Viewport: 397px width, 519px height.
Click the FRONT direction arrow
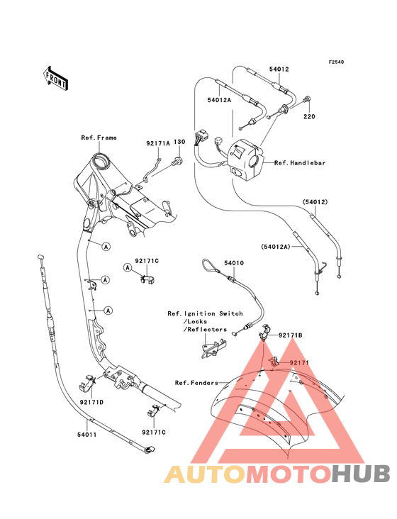click(56, 78)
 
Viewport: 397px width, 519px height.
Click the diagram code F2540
click(336, 62)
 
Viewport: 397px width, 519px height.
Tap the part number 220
click(309, 116)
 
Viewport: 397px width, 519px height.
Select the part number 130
click(179, 142)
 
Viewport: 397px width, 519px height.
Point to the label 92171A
click(158, 143)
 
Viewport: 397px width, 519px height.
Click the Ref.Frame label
click(99, 138)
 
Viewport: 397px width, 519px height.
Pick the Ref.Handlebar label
click(300, 163)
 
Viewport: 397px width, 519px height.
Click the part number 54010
click(234, 263)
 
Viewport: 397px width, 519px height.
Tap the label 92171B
click(290, 335)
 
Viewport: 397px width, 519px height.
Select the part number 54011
click(87, 434)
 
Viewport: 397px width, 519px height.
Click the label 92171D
click(91, 402)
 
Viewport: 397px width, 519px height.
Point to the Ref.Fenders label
click(196, 383)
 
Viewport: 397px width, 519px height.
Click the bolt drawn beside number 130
click(177, 161)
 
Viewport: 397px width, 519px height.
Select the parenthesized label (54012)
click(315, 202)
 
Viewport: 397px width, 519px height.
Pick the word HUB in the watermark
click(361, 474)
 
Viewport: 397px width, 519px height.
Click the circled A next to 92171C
click(128, 267)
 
